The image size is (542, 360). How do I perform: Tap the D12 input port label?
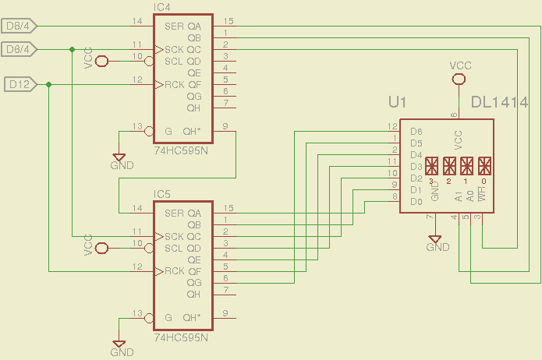[x=19, y=84]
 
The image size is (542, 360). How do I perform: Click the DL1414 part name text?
[x=500, y=102]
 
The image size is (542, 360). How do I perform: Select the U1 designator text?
[x=398, y=102]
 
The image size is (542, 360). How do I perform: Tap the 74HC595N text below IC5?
[x=182, y=339]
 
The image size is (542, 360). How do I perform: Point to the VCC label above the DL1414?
[x=461, y=66]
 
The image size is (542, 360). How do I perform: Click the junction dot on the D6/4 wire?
[x=72, y=49]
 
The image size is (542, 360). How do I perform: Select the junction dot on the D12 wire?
[x=48, y=84]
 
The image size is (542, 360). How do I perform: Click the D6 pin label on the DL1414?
[x=416, y=132]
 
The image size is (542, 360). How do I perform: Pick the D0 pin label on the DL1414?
[x=416, y=202]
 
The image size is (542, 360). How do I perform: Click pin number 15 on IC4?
[x=228, y=20]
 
